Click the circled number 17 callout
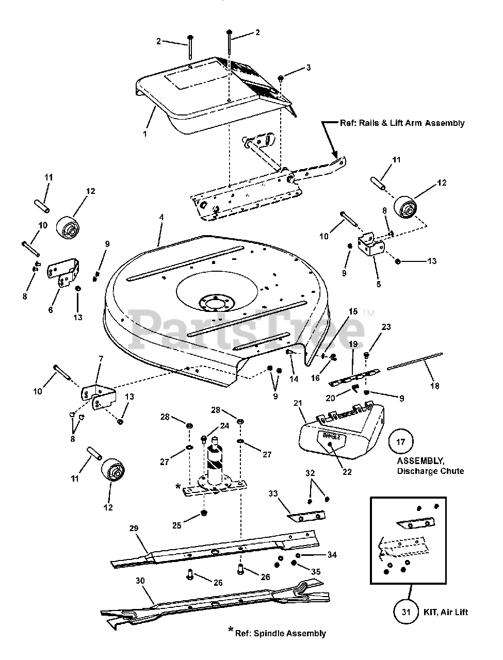tap(401, 442)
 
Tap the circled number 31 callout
tap(406, 612)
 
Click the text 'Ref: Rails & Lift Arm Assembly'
tap(402, 123)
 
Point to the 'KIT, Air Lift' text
tap(446, 612)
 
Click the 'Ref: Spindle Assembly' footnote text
tap(280, 633)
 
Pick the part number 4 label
tap(161, 217)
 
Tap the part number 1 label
tap(144, 134)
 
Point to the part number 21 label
tap(298, 403)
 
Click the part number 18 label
tap(435, 386)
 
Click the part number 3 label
tap(309, 68)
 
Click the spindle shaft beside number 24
tap(215, 463)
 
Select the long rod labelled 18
tap(415, 361)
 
